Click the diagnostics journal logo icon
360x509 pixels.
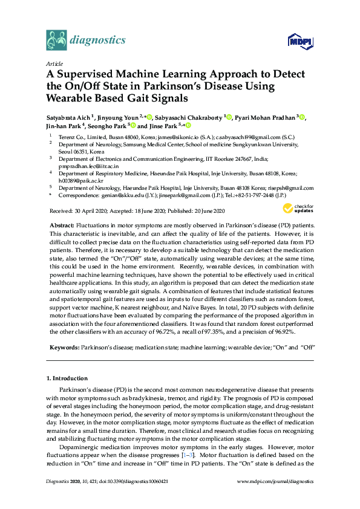coord(57,41)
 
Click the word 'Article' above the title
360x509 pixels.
coord(55,63)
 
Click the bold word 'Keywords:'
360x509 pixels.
coord(64,348)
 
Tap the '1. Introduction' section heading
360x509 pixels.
coord(68,378)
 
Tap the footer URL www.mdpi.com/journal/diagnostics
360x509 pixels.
coord(276,498)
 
